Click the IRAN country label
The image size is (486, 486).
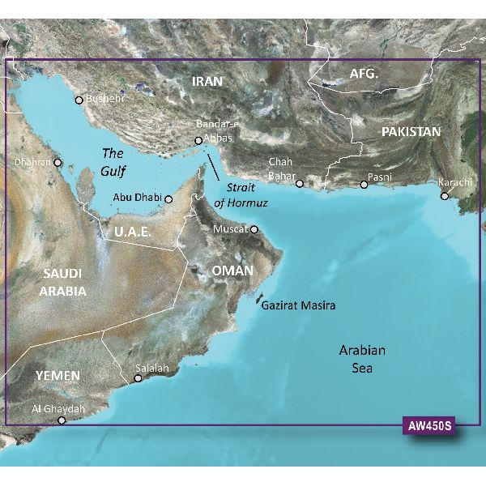(209, 82)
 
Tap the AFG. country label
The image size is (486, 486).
(364, 75)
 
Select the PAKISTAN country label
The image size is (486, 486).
(412, 131)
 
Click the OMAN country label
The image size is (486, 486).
(232, 270)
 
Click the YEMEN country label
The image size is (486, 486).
(57, 376)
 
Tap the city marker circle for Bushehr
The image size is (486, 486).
(79, 100)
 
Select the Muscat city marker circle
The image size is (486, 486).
(254, 229)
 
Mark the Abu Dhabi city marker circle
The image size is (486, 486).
(168, 198)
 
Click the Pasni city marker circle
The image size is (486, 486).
(364, 185)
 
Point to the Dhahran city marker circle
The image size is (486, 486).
(58, 162)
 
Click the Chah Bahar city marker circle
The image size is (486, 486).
(300, 183)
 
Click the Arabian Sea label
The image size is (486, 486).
(361, 359)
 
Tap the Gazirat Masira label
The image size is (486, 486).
(297, 305)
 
